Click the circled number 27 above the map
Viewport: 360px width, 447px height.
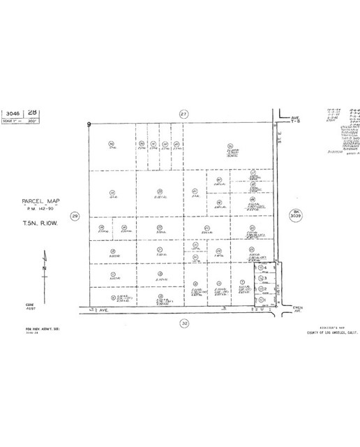183,113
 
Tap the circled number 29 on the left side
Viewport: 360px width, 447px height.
76,217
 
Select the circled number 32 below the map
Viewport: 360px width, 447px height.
184,323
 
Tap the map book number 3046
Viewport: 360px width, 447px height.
13,112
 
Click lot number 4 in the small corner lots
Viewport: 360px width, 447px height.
266,268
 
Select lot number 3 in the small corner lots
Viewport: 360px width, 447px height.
266,278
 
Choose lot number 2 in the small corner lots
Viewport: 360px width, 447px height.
266,288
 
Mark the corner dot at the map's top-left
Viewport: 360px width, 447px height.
89,124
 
